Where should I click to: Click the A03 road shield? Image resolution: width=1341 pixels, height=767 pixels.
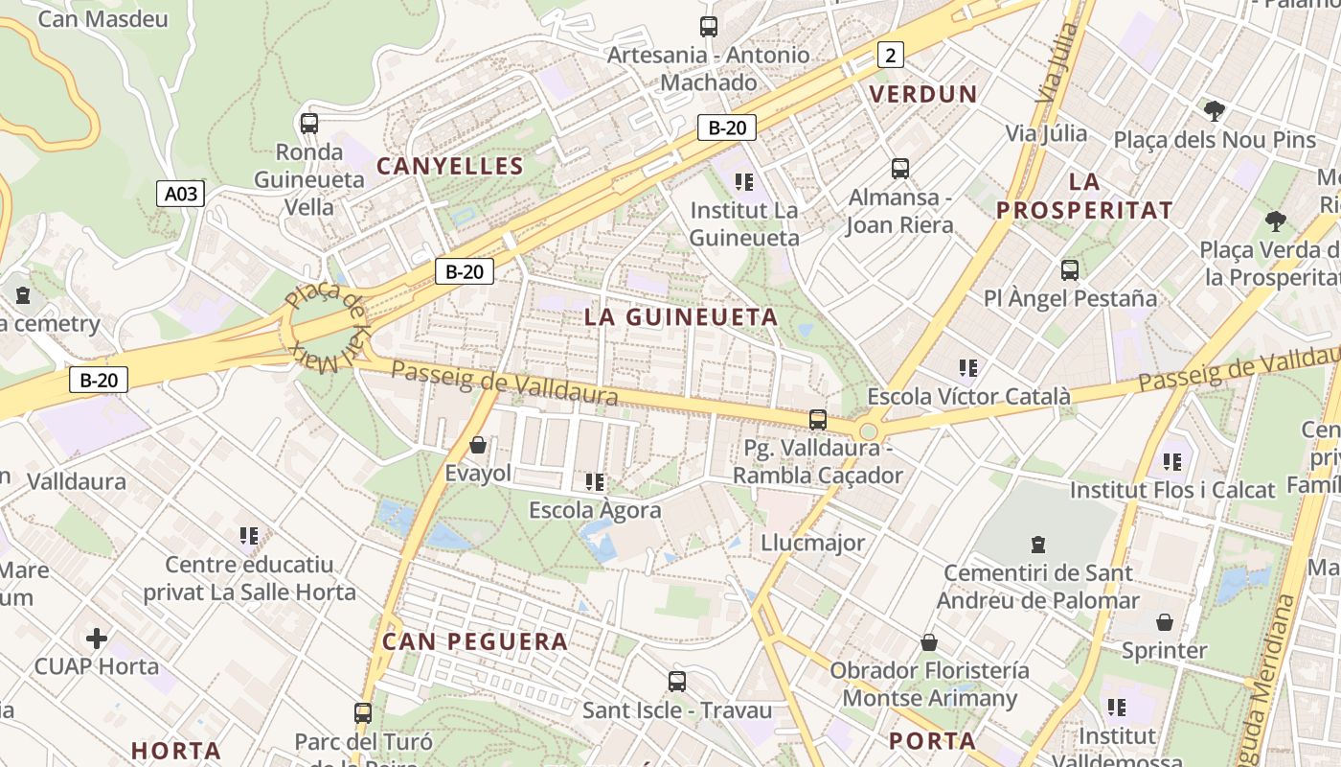[180, 195]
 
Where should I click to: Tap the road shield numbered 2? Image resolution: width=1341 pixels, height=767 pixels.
[890, 55]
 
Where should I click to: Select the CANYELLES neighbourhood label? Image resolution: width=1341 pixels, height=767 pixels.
[450, 166]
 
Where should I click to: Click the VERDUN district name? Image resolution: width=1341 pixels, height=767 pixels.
[922, 94]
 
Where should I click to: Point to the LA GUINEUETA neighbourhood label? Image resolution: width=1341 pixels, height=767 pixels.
[681, 317]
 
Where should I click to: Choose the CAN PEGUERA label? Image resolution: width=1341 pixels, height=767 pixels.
[475, 641]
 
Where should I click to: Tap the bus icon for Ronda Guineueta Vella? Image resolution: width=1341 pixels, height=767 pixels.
[308, 124]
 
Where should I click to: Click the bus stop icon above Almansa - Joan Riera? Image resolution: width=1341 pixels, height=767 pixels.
[899, 169]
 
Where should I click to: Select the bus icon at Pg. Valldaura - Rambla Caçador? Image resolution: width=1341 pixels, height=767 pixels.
[817, 419]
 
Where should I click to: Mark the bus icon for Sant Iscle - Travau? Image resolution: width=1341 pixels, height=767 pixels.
[676, 682]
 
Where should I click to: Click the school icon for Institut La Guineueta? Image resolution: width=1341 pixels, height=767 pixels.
[744, 181]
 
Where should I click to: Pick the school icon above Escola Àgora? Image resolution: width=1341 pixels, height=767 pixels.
[595, 481]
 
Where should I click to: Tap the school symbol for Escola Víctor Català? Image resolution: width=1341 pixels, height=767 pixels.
[968, 367]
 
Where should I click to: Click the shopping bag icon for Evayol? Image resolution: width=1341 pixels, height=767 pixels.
[477, 445]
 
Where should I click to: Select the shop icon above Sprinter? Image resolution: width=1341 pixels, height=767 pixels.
[1164, 622]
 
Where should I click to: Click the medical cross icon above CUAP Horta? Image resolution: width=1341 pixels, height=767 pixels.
[97, 638]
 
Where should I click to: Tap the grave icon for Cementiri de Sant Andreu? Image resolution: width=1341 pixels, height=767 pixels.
[1036, 545]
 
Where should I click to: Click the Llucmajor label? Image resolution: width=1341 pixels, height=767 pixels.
[812, 543]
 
